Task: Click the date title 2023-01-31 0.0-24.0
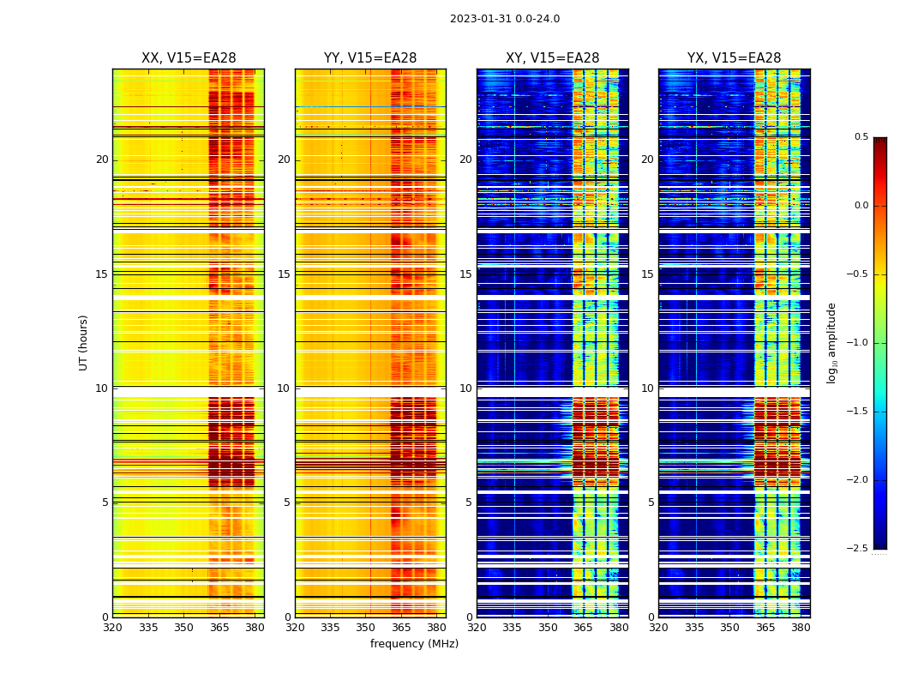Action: click(x=505, y=19)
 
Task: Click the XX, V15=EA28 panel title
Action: click(x=189, y=58)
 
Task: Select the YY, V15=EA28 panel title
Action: click(x=370, y=58)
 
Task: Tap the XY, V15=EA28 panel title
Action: click(x=552, y=58)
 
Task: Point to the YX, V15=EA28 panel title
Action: click(x=734, y=58)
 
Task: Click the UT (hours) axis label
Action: click(x=83, y=342)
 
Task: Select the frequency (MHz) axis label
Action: click(x=414, y=644)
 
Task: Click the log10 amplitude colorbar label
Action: click(x=831, y=342)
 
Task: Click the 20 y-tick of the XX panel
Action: click(x=102, y=159)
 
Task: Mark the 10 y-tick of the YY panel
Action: click(x=284, y=388)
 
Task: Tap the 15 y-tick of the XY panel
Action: click(x=465, y=274)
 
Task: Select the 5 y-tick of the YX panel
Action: click(x=651, y=502)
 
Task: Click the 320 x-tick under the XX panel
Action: click(x=112, y=628)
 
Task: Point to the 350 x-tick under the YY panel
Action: click(x=366, y=628)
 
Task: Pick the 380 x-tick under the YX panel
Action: click(x=801, y=628)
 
